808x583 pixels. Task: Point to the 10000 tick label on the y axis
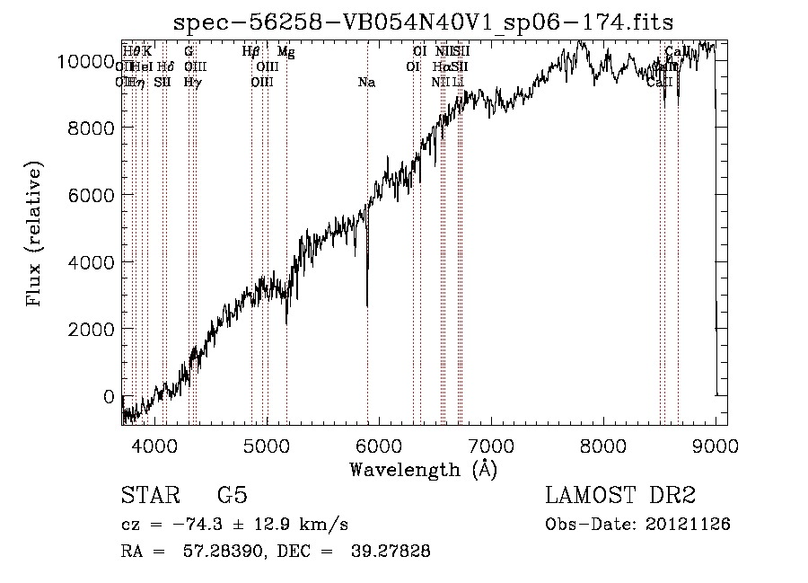click(x=85, y=61)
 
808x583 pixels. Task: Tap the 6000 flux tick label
click(x=91, y=195)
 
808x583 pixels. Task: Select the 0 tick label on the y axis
click(x=109, y=396)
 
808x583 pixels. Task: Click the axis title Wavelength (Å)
click(x=423, y=469)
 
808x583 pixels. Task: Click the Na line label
click(x=366, y=83)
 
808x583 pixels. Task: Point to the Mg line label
click(x=286, y=52)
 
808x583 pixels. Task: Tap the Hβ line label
click(x=251, y=52)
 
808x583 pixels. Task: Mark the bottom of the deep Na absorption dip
click(x=366, y=305)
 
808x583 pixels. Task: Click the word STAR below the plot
click(x=148, y=496)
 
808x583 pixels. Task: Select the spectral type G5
click(x=232, y=496)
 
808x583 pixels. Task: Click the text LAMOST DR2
click(x=620, y=496)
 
